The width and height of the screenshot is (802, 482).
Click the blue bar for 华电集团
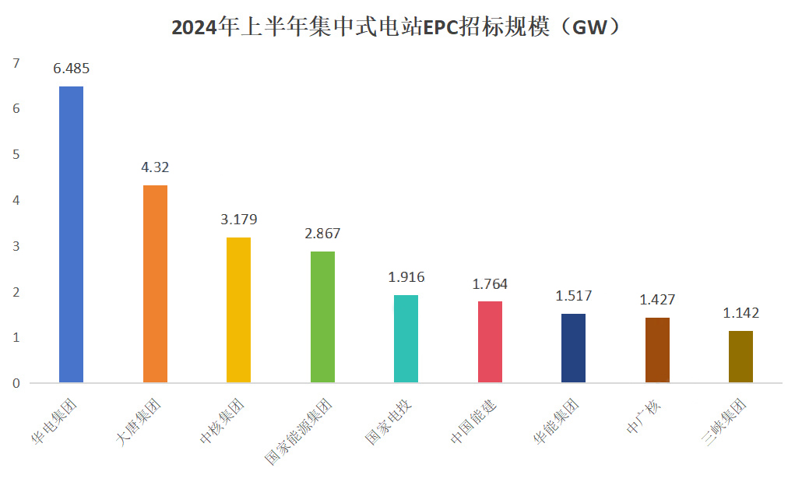click(x=71, y=234)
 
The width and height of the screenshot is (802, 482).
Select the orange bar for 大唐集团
click(x=155, y=283)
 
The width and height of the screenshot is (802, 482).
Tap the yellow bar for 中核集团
click(x=238, y=310)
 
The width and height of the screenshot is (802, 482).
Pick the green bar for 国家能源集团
click(x=322, y=317)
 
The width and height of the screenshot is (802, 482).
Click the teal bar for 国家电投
click(x=406, y=339)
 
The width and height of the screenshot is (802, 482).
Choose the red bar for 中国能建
click(x=490, y=342)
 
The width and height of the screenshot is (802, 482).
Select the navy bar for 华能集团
click(x=573, y=348)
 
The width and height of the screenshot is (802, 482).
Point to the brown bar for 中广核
click(x=657, y=350)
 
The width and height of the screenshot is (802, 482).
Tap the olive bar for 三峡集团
click(x=740, y=357)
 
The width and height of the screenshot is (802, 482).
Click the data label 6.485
click(x=71, y=69)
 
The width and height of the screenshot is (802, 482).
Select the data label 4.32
click(x=155, y=167)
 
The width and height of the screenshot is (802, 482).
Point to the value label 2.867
click(x=322, y=234)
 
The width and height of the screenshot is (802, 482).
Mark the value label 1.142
click(x=740, y=313)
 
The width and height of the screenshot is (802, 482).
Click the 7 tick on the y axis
click(x=15, y=63)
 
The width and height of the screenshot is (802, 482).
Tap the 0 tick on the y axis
click(x=15, y=383)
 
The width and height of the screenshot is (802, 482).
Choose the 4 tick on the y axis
click(x=15, y=200)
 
